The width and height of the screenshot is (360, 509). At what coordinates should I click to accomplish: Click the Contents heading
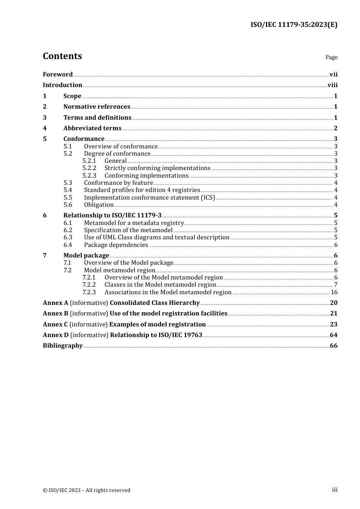(62, 56)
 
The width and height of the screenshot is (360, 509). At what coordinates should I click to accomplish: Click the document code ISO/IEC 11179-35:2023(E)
(294, 25)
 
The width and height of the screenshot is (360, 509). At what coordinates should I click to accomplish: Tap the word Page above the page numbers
(331, 57)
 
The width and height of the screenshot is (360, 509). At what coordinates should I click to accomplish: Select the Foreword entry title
(58, 74)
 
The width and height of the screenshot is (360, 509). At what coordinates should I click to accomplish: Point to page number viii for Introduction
(332, 85)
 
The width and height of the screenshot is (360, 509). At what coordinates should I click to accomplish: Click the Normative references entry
(97, 107)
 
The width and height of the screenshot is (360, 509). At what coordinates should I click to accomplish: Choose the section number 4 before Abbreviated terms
(45, 128)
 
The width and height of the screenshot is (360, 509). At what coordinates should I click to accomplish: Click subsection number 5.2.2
(89, 168)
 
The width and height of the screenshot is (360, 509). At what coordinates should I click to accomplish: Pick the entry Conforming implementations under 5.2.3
(146, 176)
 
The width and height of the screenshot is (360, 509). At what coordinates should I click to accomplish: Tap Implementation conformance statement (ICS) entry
(149, 198)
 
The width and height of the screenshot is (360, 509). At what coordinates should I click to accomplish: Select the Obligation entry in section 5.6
(99, 205)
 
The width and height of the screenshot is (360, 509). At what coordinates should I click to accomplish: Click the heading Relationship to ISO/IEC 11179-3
(112, 215)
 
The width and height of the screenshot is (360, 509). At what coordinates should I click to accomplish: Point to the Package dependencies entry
(116, 245)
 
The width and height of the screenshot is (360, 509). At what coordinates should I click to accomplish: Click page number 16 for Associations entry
(334, 292)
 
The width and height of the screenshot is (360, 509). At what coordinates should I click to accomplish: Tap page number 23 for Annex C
(333, 325)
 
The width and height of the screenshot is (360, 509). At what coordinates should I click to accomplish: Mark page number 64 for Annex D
(333, 335)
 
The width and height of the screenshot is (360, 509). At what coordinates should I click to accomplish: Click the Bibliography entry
(63, 346)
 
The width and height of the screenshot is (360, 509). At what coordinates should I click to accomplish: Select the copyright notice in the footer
(86, 490)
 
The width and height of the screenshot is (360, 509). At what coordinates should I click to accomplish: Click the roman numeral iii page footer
(335, 490)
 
